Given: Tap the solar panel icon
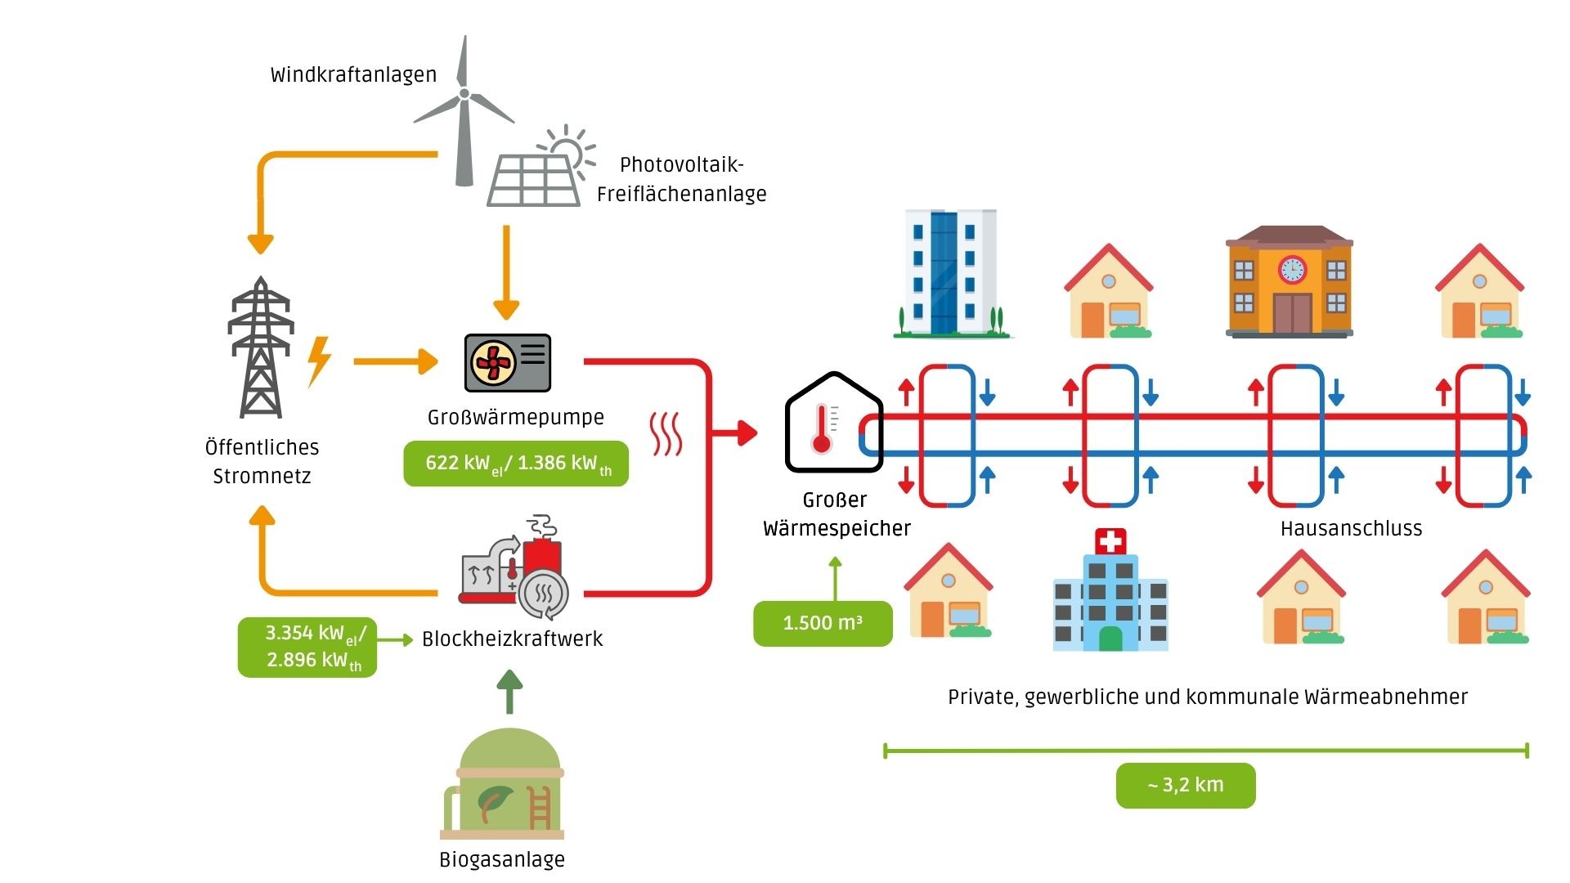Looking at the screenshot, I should (535, 177).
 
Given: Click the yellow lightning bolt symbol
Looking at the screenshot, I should (319, 361).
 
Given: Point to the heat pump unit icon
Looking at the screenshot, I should (507, 362).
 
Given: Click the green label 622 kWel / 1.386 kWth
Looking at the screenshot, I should (516, 464).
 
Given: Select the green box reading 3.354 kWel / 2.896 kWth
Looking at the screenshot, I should (307, 647).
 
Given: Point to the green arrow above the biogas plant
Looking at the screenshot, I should (509, 692).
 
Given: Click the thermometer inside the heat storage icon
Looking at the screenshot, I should (822, 429).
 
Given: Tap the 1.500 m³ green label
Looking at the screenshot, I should (823, 623).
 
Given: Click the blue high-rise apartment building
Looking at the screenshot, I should (949, 274).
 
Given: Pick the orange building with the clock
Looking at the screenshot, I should (1290, 282).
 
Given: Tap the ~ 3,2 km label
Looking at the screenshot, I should (1186, 786).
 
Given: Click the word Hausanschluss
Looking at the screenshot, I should (1351, 529).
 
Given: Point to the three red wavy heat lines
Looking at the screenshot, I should (666, 434).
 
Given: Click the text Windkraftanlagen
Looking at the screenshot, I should (353, 75).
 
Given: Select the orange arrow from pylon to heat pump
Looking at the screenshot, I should (396, 361).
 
